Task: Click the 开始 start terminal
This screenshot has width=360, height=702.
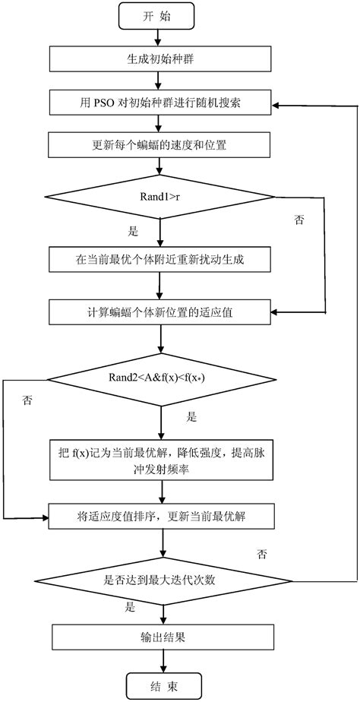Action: [x=158, y=15]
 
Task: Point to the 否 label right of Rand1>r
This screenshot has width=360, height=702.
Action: [x=298, y=220]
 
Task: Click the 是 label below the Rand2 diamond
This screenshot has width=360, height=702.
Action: [x=191, y=417]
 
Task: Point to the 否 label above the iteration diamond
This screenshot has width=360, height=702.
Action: [x=262, y=554]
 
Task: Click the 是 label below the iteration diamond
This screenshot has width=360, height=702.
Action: [x=130, y=608]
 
